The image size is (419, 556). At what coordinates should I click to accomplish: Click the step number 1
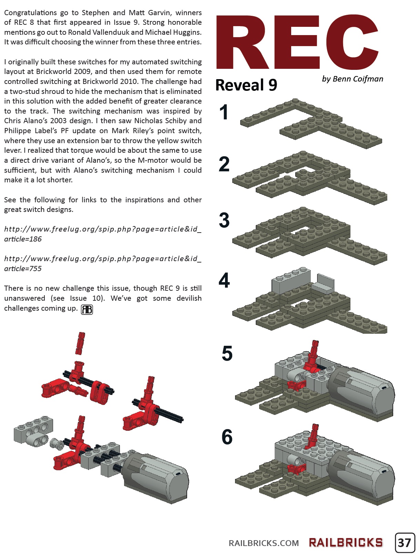[x=224, y=113]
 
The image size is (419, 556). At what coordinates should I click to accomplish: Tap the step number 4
[x=224, y=280]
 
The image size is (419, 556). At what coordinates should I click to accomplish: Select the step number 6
[x=227, y=437]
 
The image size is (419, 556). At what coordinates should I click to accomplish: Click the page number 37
[x=405, y=543]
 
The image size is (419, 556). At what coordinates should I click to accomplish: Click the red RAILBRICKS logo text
[x=346, y=543]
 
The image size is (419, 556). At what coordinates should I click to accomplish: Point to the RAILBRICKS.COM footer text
[x=264, y=543]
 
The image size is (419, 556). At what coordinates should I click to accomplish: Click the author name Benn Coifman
[x=352, y=79]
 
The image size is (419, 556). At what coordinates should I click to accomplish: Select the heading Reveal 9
[x=246, y=85]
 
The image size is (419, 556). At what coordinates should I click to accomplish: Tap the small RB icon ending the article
[x=87, y=309]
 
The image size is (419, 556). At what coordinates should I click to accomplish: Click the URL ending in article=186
[x=102, y=234]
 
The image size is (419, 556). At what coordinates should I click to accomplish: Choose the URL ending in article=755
[x=102, y=264]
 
